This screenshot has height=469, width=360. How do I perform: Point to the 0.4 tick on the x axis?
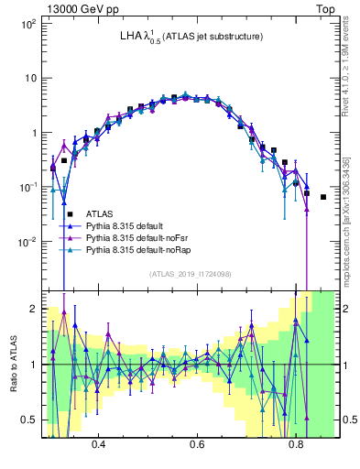coord(99,442)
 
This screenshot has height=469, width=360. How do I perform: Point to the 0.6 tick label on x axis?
coord(197,442)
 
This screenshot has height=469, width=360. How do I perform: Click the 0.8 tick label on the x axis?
coord(295,442)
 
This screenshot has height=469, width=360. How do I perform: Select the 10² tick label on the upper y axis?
coord(27,23)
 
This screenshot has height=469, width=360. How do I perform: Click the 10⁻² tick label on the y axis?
coord(27,242)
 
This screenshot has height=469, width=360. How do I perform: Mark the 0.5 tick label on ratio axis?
coord(29,420)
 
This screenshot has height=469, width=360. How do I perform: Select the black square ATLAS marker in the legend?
coord(70,213)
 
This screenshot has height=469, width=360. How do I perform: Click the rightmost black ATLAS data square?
coord(322,196)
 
